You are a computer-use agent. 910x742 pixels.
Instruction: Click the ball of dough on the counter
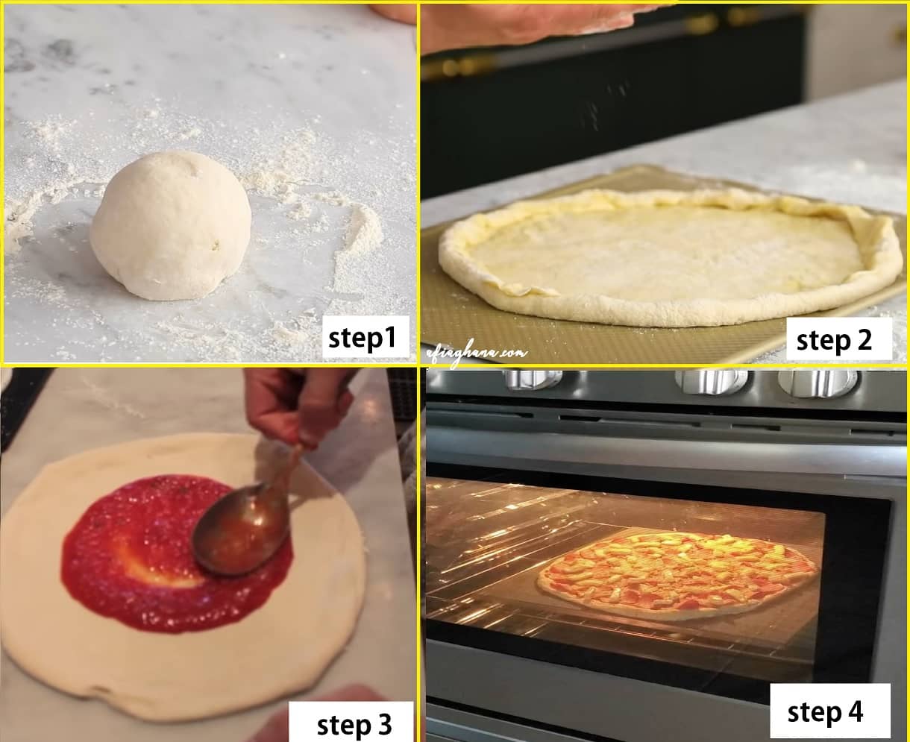tap(170, 226)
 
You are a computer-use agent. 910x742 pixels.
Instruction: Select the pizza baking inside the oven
tap(677, 573)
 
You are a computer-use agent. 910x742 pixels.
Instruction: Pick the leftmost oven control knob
tap(534, 380)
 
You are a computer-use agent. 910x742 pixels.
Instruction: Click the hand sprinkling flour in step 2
tap(527, 22)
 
